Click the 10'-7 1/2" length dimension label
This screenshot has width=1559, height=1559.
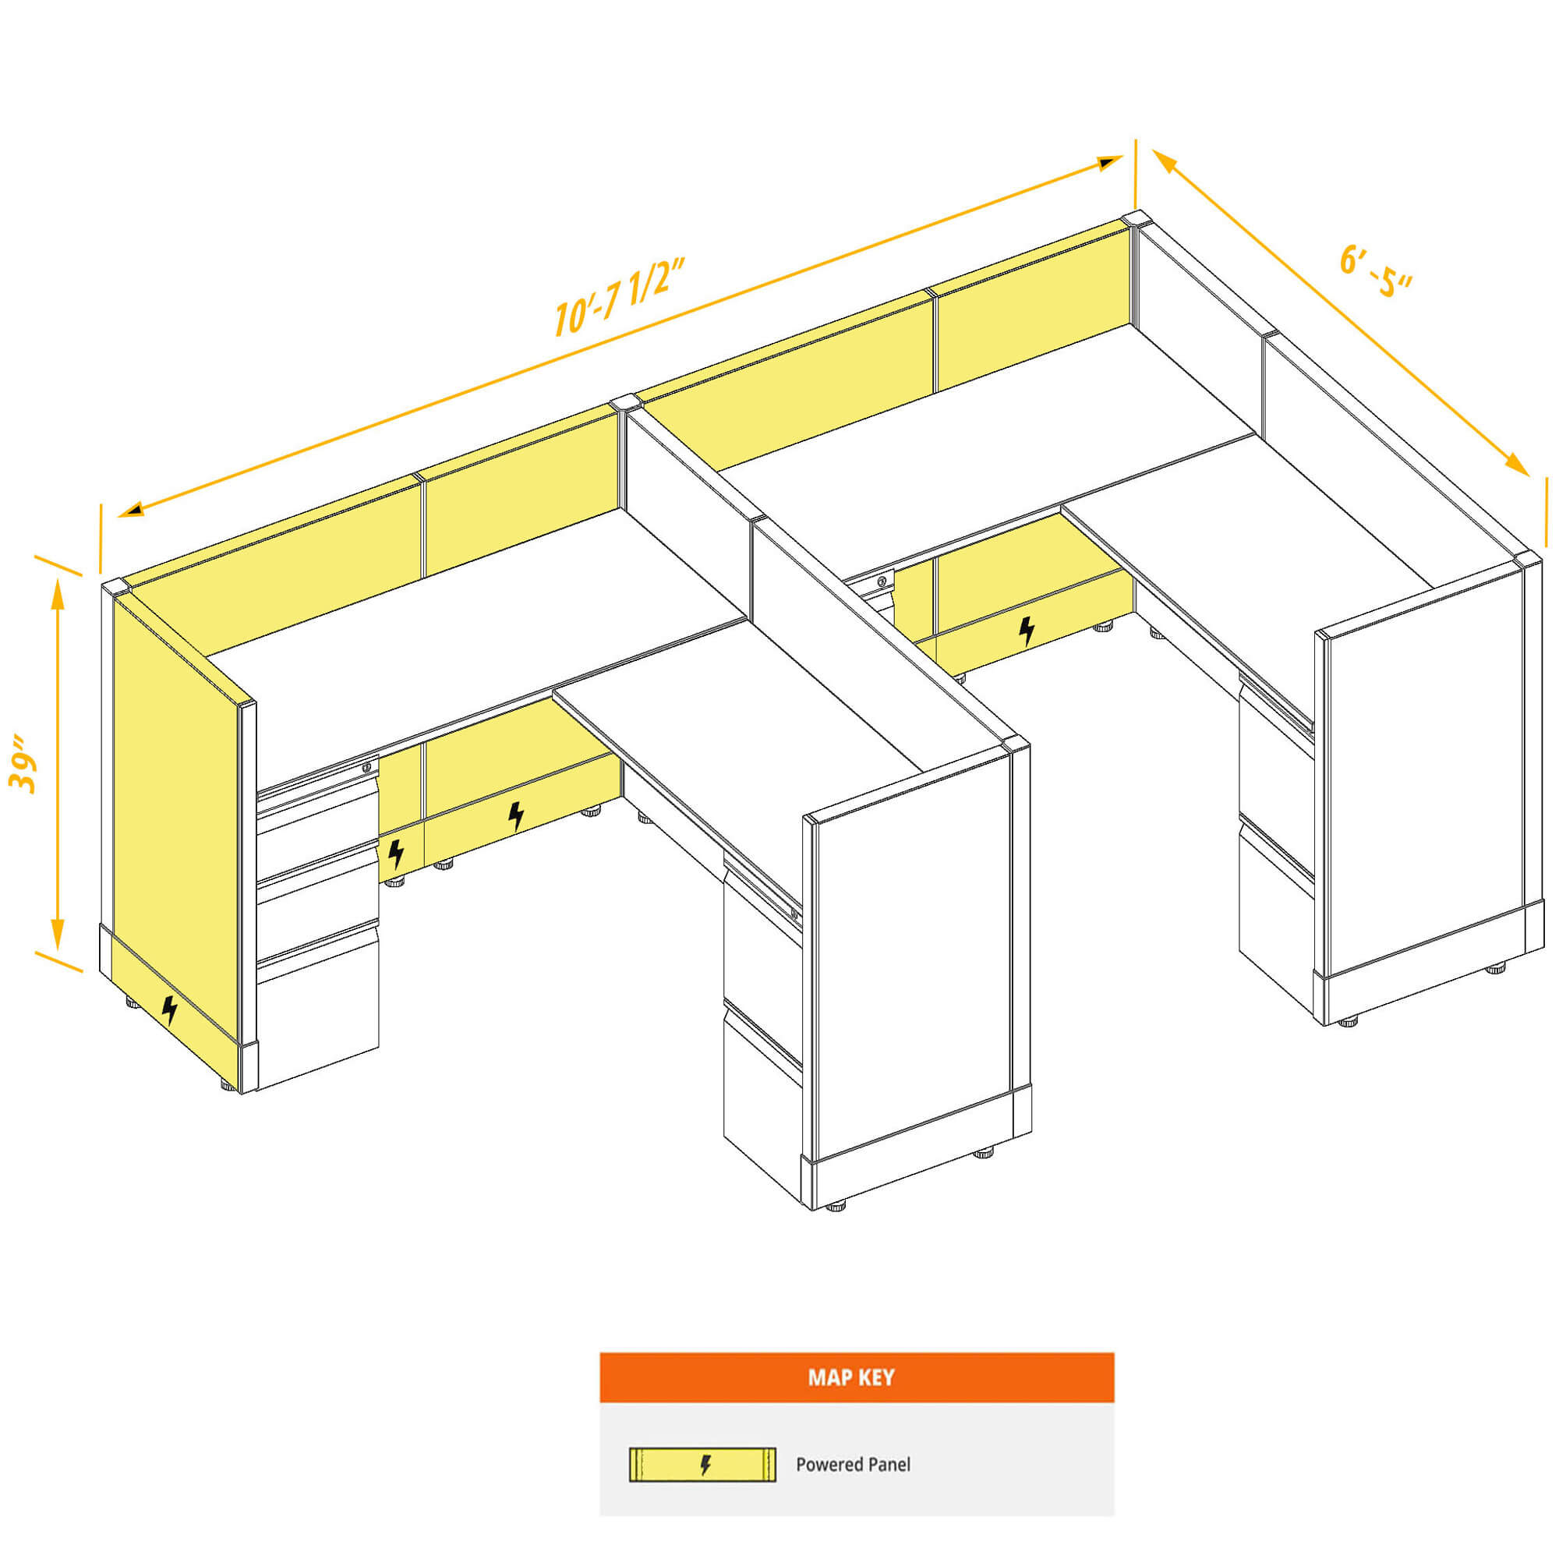[x=620, y=295]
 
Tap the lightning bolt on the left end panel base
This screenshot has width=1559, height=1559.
[x=169, y=1009]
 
